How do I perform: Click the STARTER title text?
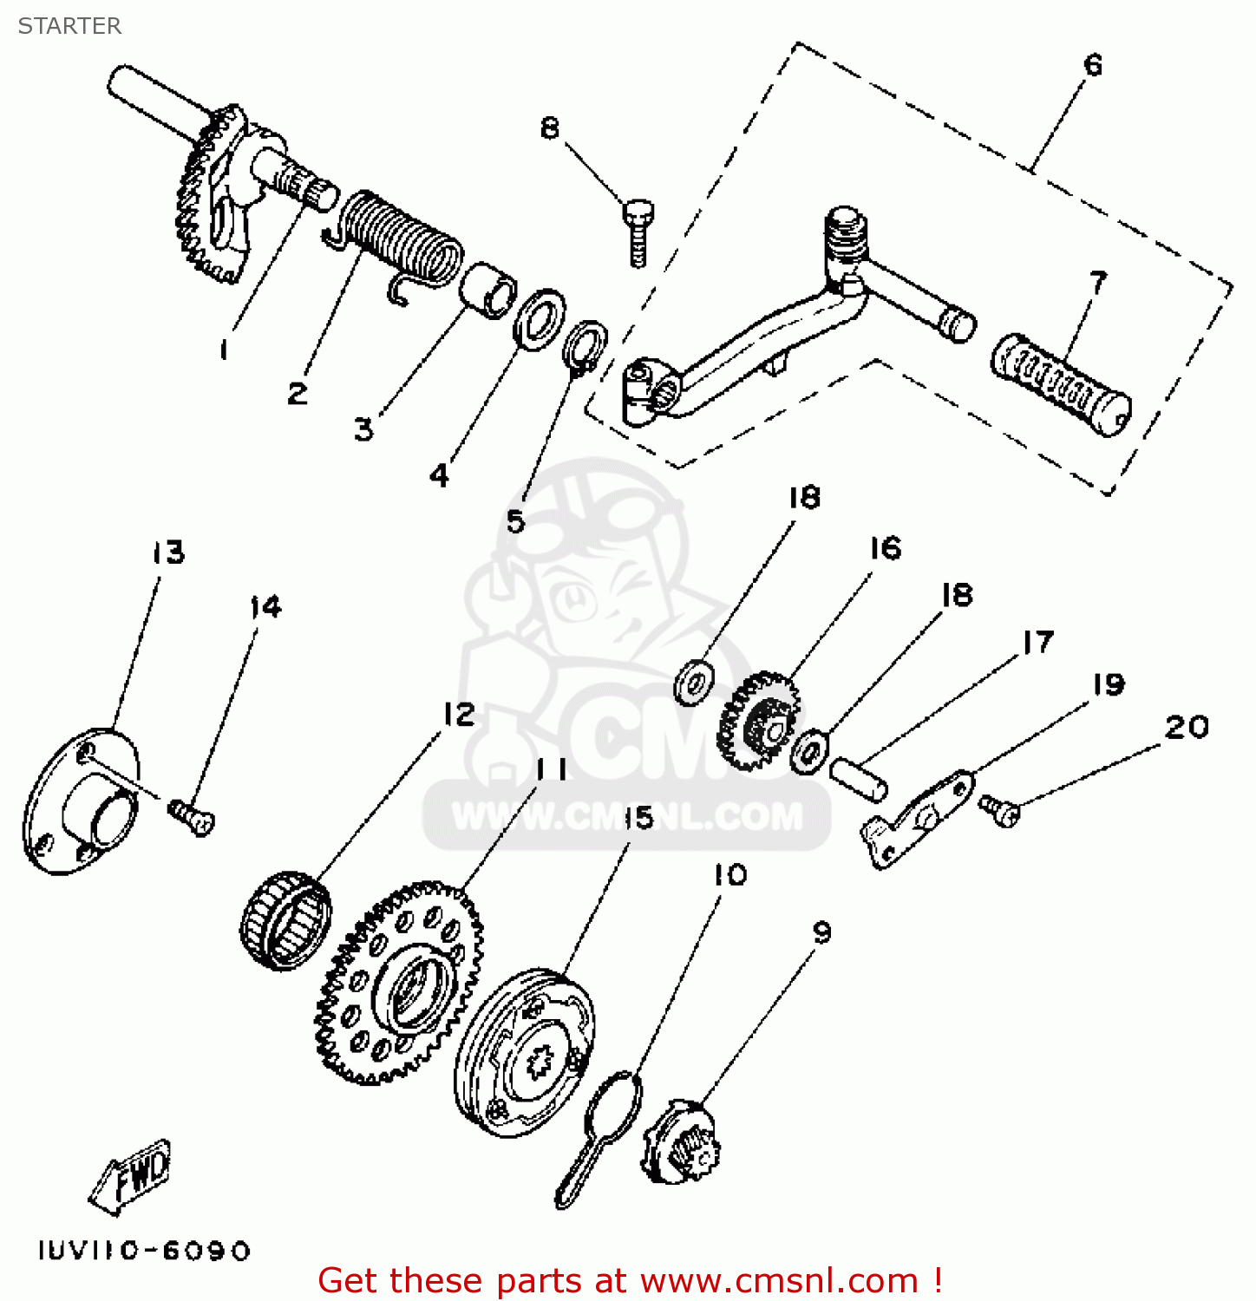coord(69,26)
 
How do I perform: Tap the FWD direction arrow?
coord(133,1175)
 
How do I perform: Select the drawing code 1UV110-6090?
coord(144,1251)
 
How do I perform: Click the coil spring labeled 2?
coord(401,239)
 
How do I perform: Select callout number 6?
coord(1092,66)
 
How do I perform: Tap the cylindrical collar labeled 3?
coord(487,290)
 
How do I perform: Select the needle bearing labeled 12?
coord(285,919)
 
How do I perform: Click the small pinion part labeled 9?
coord(683,1145)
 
